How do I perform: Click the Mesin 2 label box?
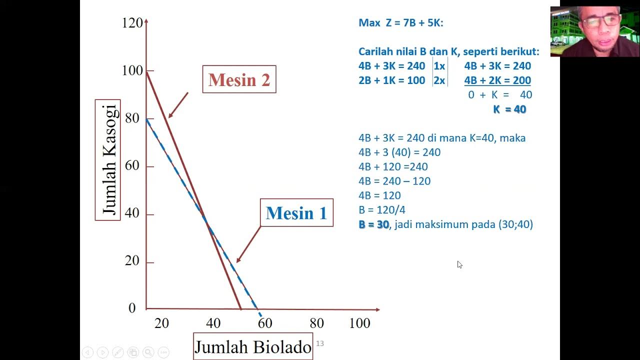pyautogui.click(x=239, y=79)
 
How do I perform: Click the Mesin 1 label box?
pyautogui.click(x=296, y=213)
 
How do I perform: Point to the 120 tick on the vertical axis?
pyautogui.click(x=132, y=23)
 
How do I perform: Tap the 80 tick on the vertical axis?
pyautogui.click(x=132, y=118)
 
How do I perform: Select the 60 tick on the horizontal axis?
pyautogui.click(x=264, y=323)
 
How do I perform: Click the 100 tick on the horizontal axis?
pyautogui.click(x=359, y=323)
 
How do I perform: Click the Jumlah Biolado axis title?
pyautogui.click(x=253, y=346)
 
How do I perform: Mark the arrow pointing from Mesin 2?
pyautogui.click(x=177, y=105)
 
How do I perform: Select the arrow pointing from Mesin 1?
pyautogui.click(x=248, y=244)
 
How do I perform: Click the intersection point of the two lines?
pyautogui.click(x=204, y=218)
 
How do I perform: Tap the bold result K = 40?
pyautogui.click(x=509, y=109)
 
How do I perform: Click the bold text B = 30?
pyautogui.click(x=373, y=224)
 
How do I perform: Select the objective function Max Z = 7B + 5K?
pyautogui.click(x=401, y=23)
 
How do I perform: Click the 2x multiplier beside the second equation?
pyautogui.click(x=439, y=80)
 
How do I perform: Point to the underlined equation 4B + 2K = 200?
pyautogui.click(x=497, y=80)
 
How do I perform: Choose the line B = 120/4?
pyautogui.click(x=382, y=210)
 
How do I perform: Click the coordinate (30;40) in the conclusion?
pyautogui.click(x=515, y=224)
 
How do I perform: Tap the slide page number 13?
pyautogui.click(x=320, y=343)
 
